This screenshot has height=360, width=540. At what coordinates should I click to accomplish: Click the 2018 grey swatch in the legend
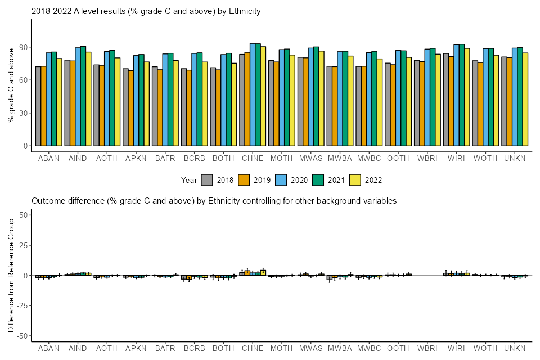click(206, 180)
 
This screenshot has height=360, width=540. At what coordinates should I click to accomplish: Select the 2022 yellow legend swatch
click(355, 180)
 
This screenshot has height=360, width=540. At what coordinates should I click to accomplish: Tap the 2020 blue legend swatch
click(281, 180)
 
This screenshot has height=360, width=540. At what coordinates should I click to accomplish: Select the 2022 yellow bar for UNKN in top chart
click(525, 99)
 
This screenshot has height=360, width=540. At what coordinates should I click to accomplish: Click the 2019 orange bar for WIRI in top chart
click(451, 101)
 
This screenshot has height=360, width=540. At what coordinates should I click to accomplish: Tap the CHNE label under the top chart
click(253, 159)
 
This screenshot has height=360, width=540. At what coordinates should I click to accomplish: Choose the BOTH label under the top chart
click(223, 159)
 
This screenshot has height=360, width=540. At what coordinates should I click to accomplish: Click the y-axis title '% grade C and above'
click(11, 85)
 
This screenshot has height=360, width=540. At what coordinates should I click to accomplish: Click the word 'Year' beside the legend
click(189, 180)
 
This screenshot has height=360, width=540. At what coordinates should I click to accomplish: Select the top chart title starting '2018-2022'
click(146, 11)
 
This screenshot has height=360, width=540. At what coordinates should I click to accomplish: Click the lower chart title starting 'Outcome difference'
click(214, 200)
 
